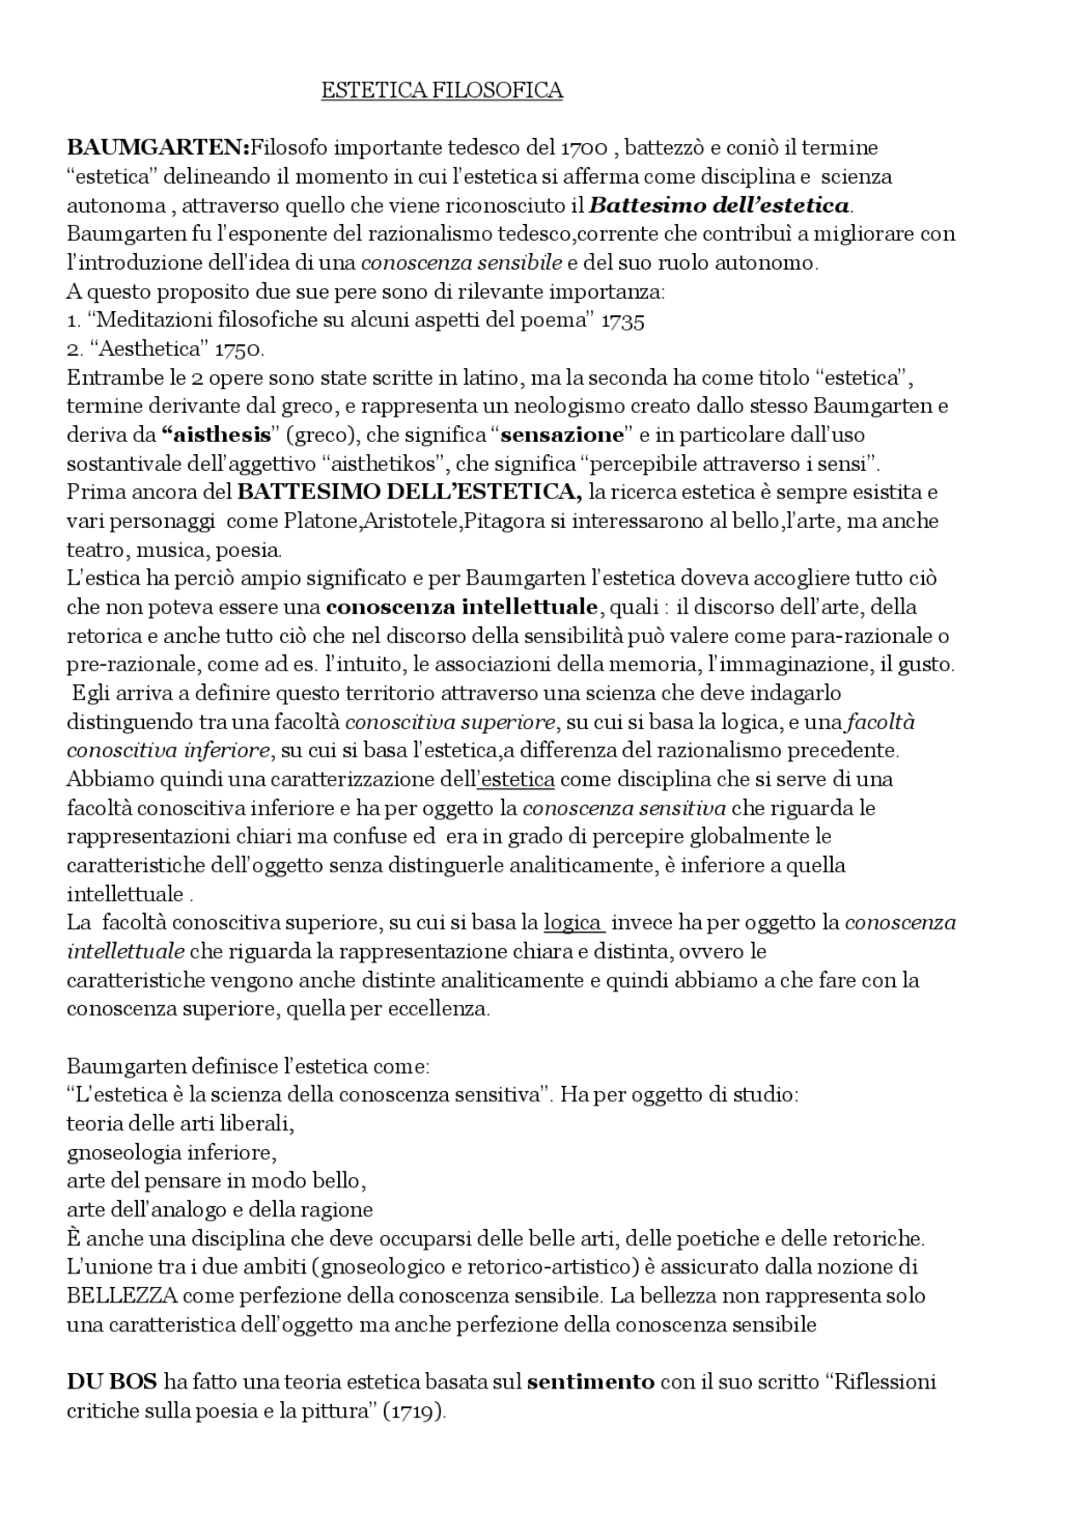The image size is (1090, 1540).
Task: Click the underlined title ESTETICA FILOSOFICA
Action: click(441, 90)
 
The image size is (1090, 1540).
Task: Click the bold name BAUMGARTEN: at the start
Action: click(158, 147)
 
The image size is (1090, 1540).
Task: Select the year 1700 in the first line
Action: click(584, 147)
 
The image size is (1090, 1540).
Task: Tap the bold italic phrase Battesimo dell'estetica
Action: click(720, 205)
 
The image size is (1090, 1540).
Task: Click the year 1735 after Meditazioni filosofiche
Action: click(622, 320)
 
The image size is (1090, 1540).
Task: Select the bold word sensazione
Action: click(562, 435)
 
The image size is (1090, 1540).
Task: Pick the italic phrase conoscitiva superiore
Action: click(450, 722)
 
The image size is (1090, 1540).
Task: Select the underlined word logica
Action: click(573, 922)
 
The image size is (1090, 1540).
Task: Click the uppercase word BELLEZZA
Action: click(122, 1296)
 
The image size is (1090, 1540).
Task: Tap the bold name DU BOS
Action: click(112, 1382)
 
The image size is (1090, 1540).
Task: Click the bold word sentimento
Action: click(591, 1382)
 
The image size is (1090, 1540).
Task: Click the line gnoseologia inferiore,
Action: click(172, 1152)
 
